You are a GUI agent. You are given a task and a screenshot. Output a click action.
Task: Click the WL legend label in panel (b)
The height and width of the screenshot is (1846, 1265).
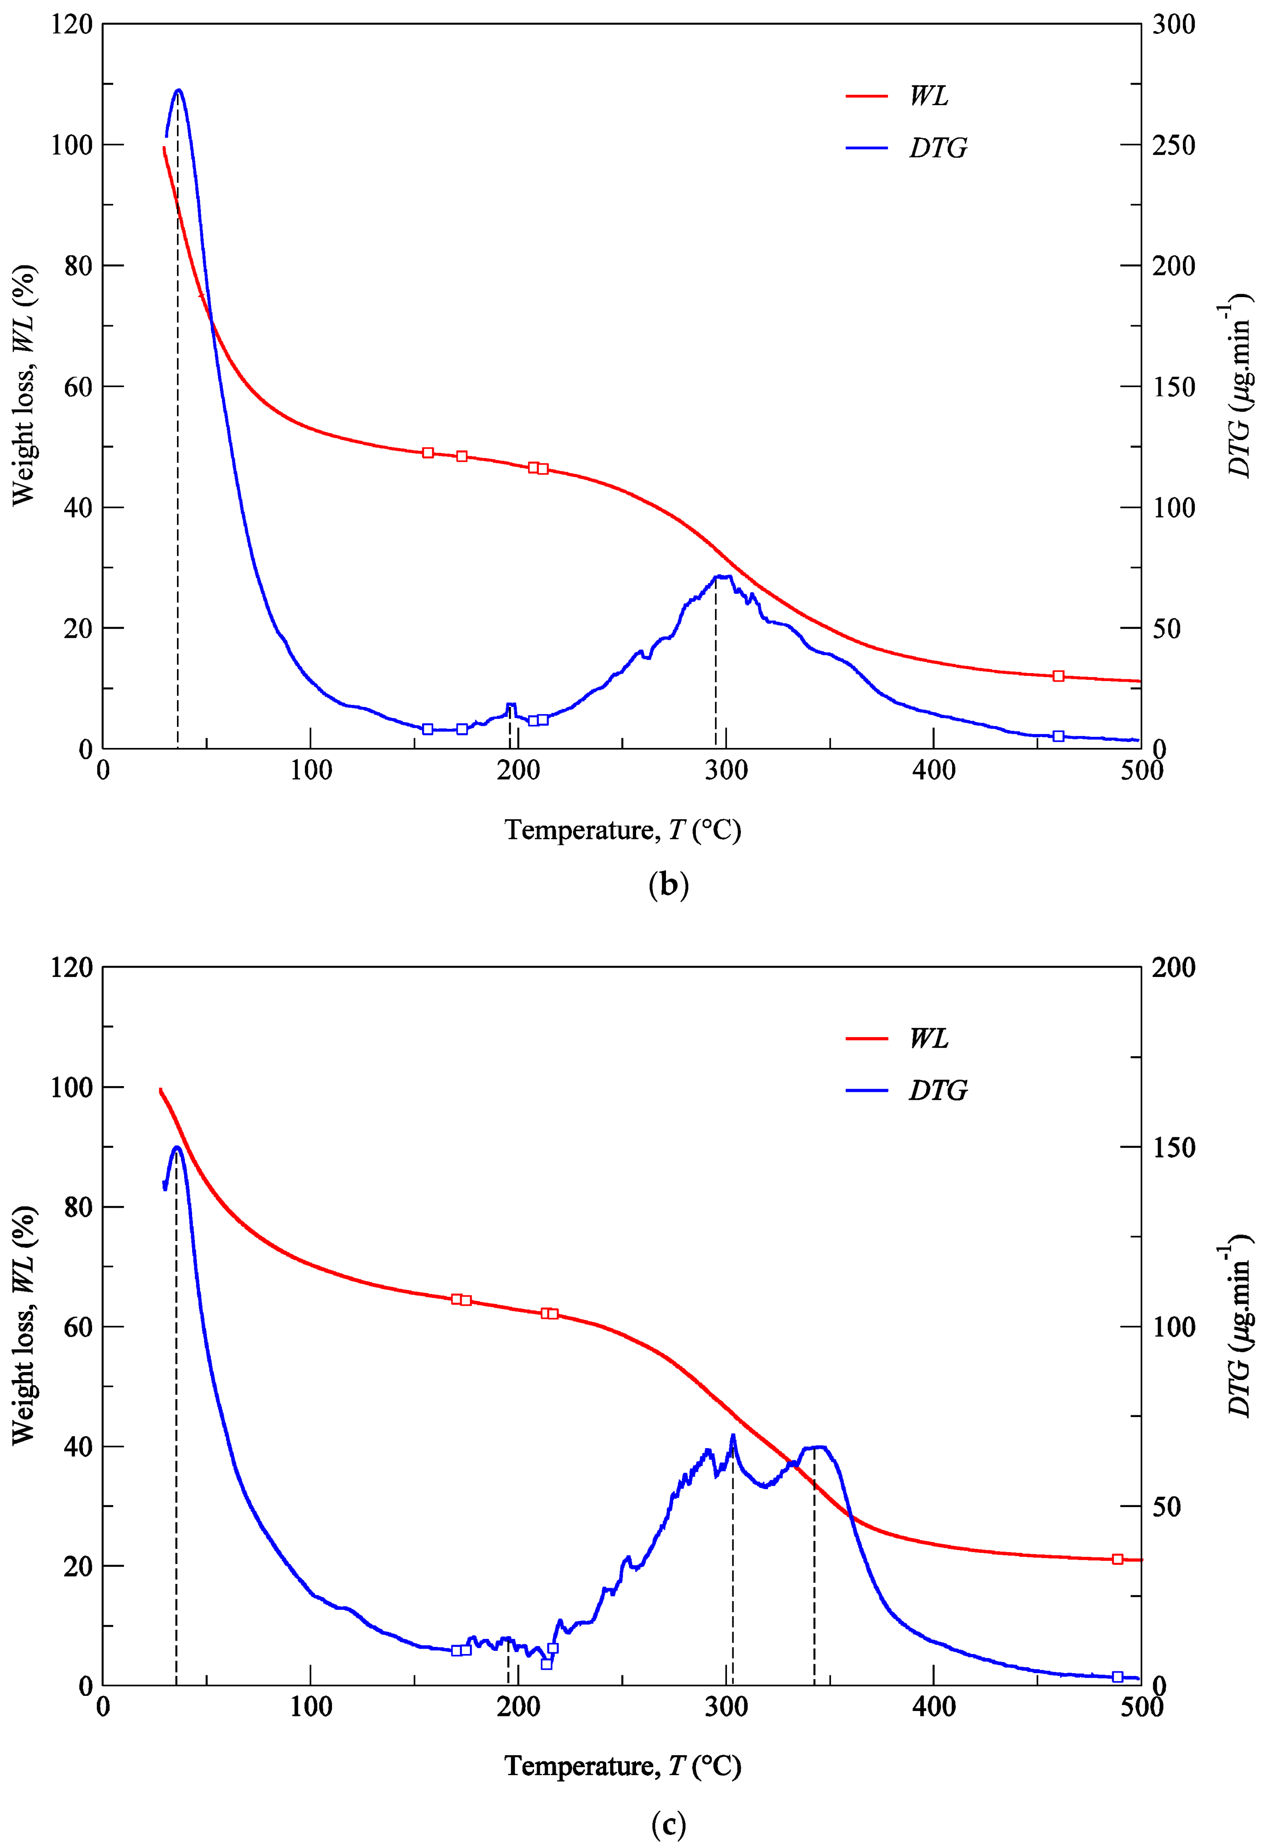coord(928,96)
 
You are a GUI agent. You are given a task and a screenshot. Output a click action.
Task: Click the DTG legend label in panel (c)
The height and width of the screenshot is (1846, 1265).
coord(938,1090)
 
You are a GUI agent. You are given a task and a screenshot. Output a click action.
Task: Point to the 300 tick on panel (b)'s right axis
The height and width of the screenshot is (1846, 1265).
coord(1174,25)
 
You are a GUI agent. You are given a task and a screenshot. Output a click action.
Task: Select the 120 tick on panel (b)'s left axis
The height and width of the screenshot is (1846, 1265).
coord(71,25)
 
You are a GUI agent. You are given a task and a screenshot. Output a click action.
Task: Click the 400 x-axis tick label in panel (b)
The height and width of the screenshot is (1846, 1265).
coord(934,771)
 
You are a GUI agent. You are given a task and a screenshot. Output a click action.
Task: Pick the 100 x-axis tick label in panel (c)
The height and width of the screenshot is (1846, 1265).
coord(311,1708)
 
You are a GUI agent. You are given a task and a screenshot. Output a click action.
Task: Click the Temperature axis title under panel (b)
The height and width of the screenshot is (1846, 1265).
coord(622,830)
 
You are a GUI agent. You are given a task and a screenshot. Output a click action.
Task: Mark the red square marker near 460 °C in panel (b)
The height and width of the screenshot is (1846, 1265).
coord(1058,676)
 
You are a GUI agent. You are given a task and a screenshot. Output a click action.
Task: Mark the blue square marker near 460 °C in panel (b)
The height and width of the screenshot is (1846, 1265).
coord(1058,736)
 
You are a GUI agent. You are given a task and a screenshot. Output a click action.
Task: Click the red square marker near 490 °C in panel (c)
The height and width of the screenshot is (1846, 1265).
coord(1117,1559)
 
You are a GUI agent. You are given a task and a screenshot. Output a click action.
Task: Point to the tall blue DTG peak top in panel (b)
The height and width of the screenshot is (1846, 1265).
coord(178,90)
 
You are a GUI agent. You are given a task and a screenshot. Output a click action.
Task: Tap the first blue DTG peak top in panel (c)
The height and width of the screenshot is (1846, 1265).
coord(177,1147)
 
